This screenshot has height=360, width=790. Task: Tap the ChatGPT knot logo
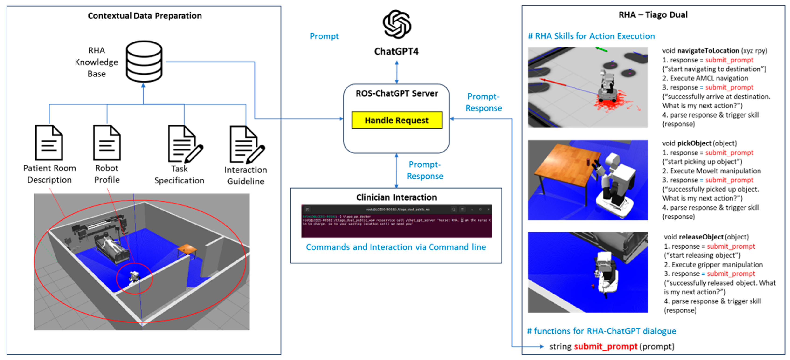(397, 24)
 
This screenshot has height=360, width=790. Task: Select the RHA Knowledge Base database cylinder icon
(144, 62)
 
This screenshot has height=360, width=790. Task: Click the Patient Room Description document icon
(49, 143)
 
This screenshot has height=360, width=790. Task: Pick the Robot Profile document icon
(107, 143)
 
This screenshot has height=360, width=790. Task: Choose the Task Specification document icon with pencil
(184, 144)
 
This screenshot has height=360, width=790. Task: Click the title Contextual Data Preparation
(145, 16)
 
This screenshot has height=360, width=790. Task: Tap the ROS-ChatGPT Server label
(397, 93)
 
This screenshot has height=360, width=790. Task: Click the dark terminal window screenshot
(397, 221)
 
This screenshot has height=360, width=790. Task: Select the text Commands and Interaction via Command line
(396, 247)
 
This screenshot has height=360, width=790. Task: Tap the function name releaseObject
(701, 237)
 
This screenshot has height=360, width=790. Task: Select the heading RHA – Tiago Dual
(653, 15)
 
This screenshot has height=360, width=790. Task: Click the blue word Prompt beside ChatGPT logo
(324, 36)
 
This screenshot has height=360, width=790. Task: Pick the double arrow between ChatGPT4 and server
(397, 72)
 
